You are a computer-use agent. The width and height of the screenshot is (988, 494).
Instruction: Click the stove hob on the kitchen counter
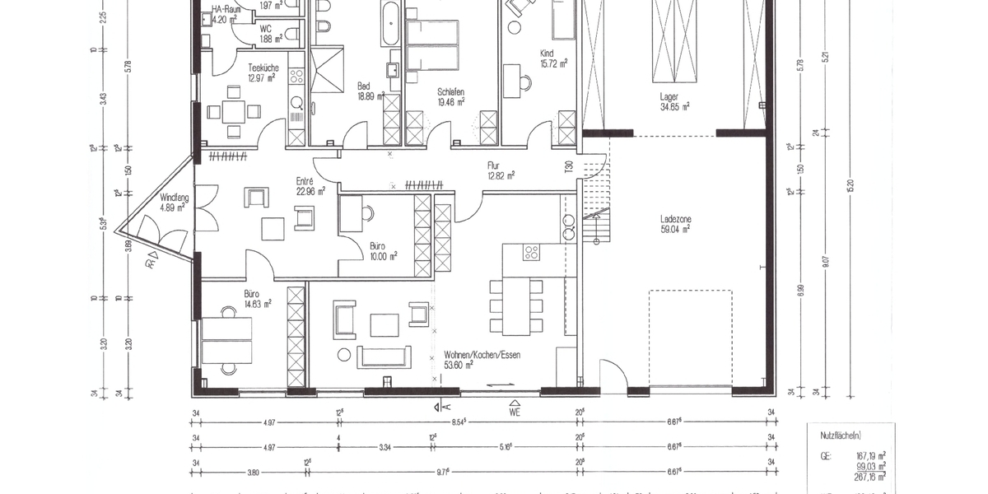(532, 253)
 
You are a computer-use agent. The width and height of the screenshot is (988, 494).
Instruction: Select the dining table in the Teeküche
(234, 111)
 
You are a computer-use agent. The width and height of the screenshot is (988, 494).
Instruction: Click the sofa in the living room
(383, 357)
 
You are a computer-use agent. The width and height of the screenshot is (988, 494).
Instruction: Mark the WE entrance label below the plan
(515, 412)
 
